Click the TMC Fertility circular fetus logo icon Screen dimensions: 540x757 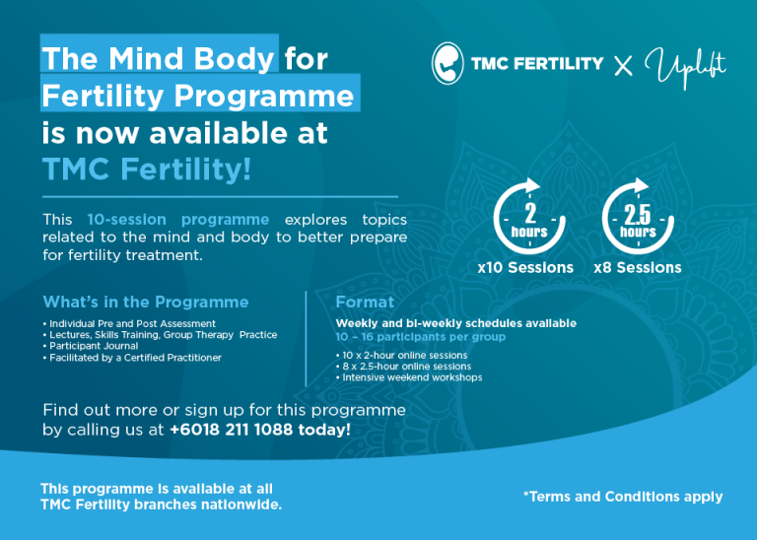pos(447,63)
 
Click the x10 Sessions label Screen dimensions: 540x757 pos(524,267)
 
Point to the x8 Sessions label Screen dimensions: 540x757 pos(638,267)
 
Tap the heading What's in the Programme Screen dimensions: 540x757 pos(146,302)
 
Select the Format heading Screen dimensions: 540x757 pos(365,302)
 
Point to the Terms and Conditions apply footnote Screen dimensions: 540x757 pos(623,497)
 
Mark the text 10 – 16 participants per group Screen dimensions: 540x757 pos(421,336)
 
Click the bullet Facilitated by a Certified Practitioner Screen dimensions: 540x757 pos(132,357)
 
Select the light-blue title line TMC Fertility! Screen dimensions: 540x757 pos(147,169)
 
